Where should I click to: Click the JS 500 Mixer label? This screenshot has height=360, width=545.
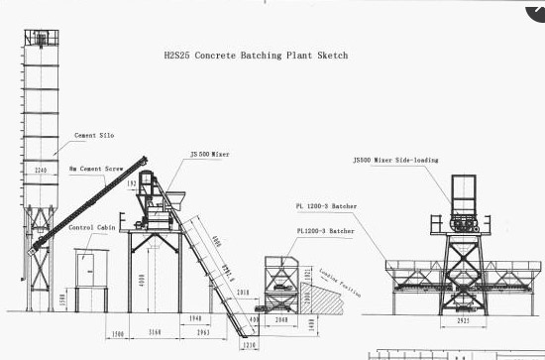pyautogui.click(x=210, y=155)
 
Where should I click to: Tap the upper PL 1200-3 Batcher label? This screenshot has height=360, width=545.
pyautogui.click(x=326, y=206)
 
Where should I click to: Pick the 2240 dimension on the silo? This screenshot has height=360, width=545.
pyautogui.click(x=42, y=171)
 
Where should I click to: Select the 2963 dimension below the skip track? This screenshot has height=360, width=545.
pyautogui.click(x=203, y=331)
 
